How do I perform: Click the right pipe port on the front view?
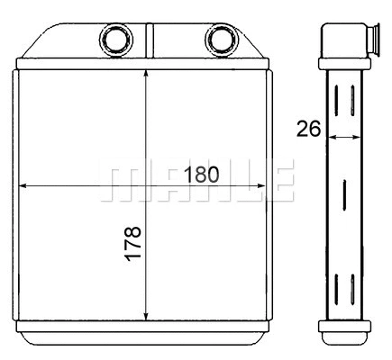(219, 39)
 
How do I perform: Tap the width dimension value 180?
(201, 175)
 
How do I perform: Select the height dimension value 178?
(132, 242)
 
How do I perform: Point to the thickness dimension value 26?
(308, 129)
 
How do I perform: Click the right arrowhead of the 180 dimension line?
(262, 186)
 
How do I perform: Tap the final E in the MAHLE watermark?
(280, 183)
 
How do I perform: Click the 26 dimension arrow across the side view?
(344, 137)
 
